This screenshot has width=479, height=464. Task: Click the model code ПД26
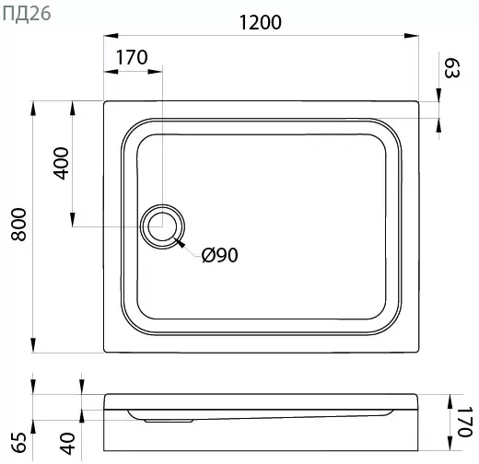click(27, 15)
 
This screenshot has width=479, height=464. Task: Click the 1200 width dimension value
click(261, 22)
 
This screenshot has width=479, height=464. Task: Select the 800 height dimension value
click(18, 225)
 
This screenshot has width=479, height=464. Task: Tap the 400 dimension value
click(61, 163)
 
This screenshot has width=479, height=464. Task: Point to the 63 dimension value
click(452, 68)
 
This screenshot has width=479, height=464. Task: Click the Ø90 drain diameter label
click(220, 255)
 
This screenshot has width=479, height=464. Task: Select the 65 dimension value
click(19, 443)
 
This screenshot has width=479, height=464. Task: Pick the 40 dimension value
click(67, 444)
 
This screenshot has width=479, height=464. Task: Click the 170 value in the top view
click(132, 57)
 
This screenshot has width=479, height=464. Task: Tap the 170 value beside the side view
click(464, 422)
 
